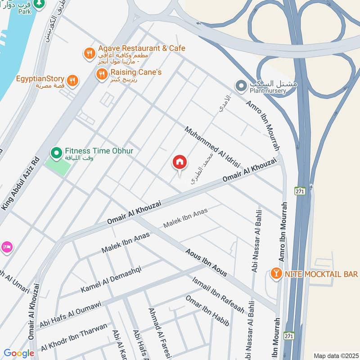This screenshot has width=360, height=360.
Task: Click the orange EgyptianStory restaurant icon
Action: point(72,81)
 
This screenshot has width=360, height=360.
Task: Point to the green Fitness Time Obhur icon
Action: point(56,153)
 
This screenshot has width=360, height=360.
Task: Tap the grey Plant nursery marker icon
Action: point(241,85)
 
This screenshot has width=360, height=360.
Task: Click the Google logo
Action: point(19,353)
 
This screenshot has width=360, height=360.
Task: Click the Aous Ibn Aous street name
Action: point(206,262)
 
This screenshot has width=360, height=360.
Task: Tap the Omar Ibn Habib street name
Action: point(207,311)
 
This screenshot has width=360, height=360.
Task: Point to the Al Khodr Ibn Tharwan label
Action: point(74,337)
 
